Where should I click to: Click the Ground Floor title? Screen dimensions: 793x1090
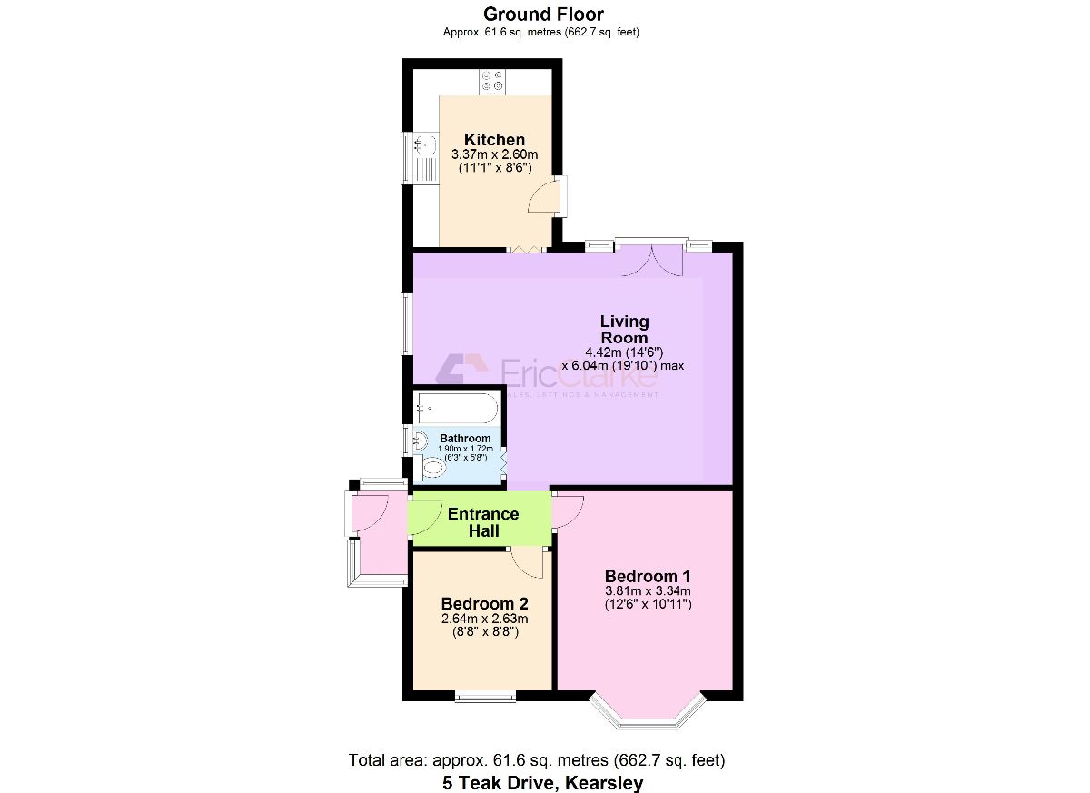click(543, 14)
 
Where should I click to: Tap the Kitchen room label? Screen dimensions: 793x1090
click(494, 139)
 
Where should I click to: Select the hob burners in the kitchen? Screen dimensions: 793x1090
click(492, 82)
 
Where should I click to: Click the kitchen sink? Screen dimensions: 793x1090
click(423, 144)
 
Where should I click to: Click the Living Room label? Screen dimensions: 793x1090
click(624, 329)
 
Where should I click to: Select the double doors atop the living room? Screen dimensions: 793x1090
click(651, 259)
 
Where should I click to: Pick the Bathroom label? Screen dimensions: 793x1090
click(465, 438)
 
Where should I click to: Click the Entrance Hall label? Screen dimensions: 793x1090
click(483, 522)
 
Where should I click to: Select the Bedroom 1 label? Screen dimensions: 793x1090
click(648, 576)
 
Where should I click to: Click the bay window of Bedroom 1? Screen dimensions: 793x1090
click(648, 713)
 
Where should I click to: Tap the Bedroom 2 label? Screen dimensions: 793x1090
click(484, 604)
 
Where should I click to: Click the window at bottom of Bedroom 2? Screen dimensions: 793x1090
click(485, 697)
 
